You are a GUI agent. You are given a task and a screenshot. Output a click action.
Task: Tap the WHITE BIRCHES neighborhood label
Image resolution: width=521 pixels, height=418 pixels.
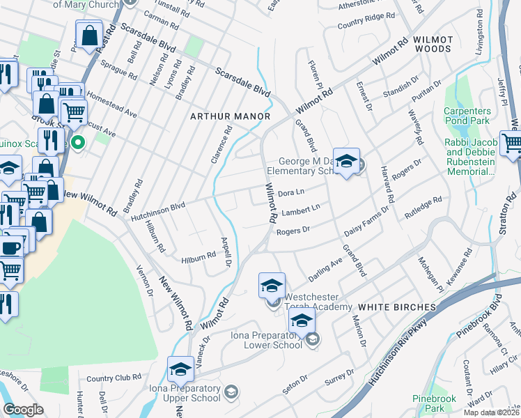pos(397,307)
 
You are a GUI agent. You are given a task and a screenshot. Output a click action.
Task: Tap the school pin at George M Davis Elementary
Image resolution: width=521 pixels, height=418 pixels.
pos(346,162)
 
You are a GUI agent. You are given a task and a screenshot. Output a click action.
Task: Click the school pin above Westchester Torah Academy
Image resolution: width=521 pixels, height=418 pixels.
pos(272,286)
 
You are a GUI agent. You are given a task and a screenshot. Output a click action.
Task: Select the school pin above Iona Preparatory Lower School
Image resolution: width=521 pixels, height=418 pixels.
pos(302,322)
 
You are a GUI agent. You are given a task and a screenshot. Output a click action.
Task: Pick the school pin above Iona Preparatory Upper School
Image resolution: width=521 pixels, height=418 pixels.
pos(181,369)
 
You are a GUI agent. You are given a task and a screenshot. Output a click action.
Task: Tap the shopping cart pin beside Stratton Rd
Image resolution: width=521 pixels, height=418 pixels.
pos(513,144)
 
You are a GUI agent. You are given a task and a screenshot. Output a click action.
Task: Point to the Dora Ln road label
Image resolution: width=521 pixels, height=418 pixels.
pos(292,192)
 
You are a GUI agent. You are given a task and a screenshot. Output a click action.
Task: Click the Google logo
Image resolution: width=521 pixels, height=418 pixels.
pos(24,410)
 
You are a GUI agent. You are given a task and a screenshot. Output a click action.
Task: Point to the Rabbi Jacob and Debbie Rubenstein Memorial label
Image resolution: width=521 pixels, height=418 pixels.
pos(471,157)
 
